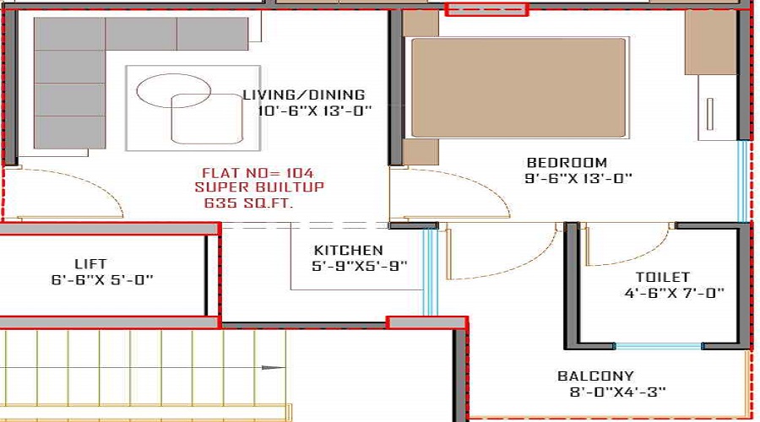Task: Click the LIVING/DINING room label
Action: [303, 95]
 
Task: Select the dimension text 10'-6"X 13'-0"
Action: [307, 111]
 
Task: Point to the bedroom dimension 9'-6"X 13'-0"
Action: [578, 178]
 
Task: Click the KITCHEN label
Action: [348, 250]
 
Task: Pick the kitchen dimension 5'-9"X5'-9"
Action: [360, 265]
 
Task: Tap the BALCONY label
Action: [595, 376]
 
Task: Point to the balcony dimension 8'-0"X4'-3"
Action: [611, 392]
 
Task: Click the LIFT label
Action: [90, 264]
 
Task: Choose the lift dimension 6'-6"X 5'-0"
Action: [102, 279]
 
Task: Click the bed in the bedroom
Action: [518, 87]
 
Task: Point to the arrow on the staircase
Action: [271, 367]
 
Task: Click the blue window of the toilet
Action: [658, 345]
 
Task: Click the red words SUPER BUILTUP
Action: [259, 187]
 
